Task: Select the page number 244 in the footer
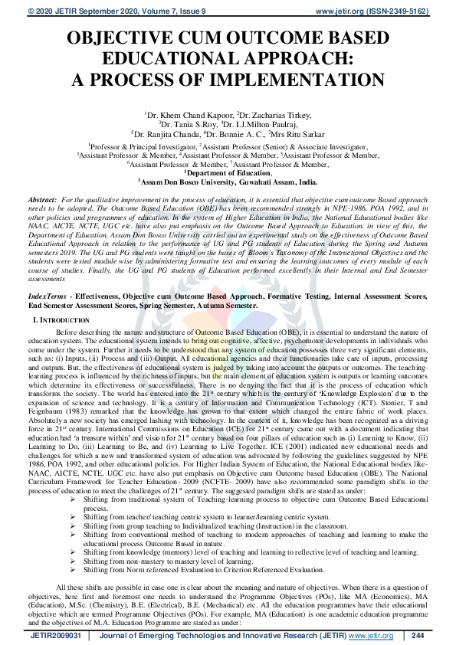417,636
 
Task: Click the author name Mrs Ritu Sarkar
290,133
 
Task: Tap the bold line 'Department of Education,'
228,173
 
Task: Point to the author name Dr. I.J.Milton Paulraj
259,124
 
